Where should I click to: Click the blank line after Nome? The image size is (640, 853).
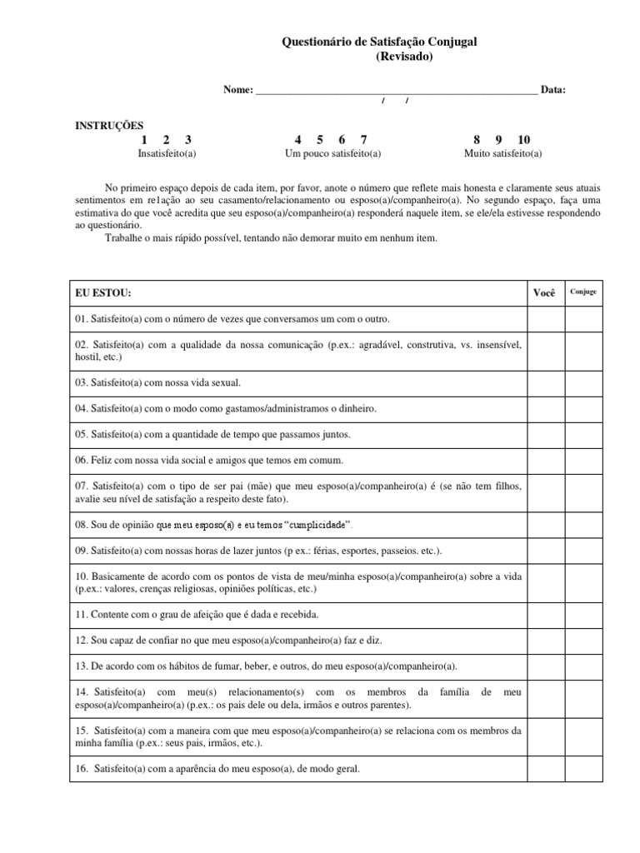(396, 89)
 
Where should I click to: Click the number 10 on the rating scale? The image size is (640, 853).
(523, 139)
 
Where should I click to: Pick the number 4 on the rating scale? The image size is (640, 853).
(297, 139)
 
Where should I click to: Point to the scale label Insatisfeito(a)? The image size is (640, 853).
(167, 153)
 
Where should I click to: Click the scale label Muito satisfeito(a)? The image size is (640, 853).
(502, 153)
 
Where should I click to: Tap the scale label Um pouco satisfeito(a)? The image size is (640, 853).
(332, 153)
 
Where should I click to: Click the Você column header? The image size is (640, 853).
(542, 293)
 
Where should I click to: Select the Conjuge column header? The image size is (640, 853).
(582, 292)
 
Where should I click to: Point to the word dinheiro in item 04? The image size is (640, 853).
(356, 409)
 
